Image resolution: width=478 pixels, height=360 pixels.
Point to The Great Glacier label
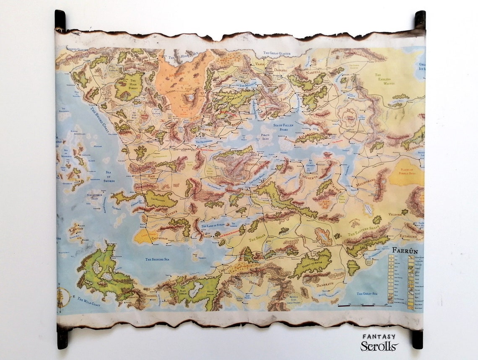(x=279, y=53)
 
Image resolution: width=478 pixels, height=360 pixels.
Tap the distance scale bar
(x=364, y=306)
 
